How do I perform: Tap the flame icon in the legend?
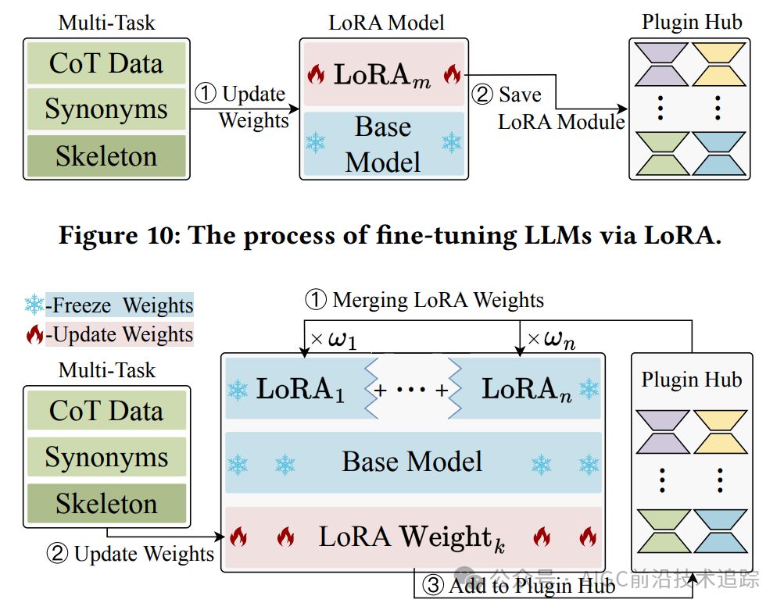coord(34,335)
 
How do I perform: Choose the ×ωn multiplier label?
coord(552,341)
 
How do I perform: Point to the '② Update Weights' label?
coord(131,554)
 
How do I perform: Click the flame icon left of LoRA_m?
coord(316,75)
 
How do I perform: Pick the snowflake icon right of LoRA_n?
coord(588,389)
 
